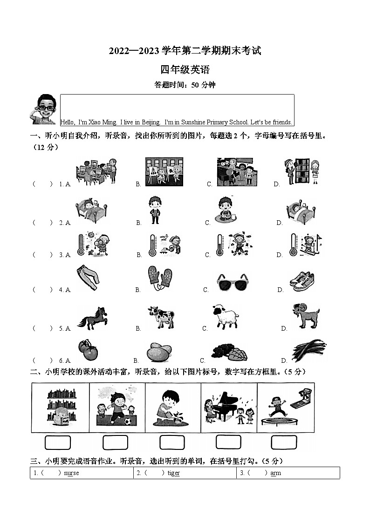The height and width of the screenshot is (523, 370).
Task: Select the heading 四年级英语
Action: click(x=185, y=70)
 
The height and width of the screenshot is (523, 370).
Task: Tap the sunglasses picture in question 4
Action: click(x=232, y=281)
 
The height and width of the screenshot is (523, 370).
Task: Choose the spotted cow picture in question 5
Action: click(x=161, y=318)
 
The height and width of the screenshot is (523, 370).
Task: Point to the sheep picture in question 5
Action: click(x=225, y=317)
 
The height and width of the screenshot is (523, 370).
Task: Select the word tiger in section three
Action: click(x=173, y=473)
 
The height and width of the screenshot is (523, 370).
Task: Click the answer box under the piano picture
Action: click(x=228, y=442)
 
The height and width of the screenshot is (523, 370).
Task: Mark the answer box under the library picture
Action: click(x=57, y=442)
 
